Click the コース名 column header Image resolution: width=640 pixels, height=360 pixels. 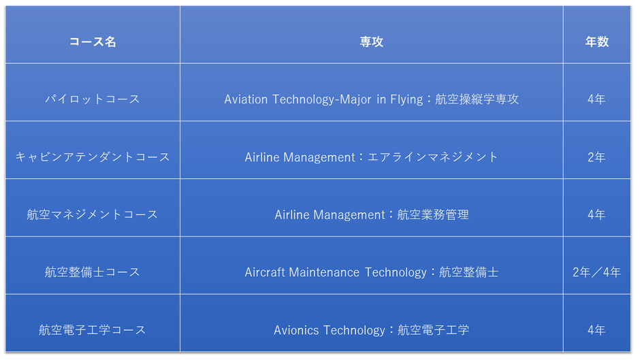pos(93,42)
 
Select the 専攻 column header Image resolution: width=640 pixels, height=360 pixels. pos(372,42)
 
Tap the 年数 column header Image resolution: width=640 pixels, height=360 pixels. pos(596,42)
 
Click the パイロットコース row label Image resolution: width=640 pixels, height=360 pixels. pos(93,99)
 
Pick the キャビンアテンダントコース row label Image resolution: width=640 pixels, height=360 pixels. pos(93,157)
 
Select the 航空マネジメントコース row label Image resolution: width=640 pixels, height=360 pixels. pos(93,214)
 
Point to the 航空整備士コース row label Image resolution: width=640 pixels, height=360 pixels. pos(93,272)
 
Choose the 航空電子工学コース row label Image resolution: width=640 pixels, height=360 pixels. pos(93,330)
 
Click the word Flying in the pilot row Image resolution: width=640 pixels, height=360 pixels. pos(406,99)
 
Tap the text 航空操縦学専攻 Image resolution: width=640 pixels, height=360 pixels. pos(477,99)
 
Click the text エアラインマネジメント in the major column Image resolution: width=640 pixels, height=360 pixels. pos(433,157)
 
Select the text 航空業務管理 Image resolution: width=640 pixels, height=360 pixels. pos(433,214)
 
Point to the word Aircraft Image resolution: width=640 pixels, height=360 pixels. pos(265,272)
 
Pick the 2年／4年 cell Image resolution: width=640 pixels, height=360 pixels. pos(596,272)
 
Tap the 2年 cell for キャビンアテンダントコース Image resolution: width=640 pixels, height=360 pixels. pos(596,157)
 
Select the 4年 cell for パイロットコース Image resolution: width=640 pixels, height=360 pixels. pos(596,99)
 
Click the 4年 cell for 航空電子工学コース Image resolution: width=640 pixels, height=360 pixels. pos(596,330)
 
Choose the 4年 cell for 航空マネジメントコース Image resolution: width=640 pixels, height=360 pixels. pos(596,214)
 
